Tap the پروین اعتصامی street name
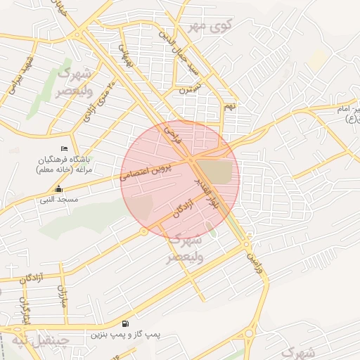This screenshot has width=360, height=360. point(154,167)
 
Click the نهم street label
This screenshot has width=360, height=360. point(228,107)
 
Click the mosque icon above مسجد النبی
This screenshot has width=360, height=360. point(59,189)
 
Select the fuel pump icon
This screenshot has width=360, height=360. point(124,323)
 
